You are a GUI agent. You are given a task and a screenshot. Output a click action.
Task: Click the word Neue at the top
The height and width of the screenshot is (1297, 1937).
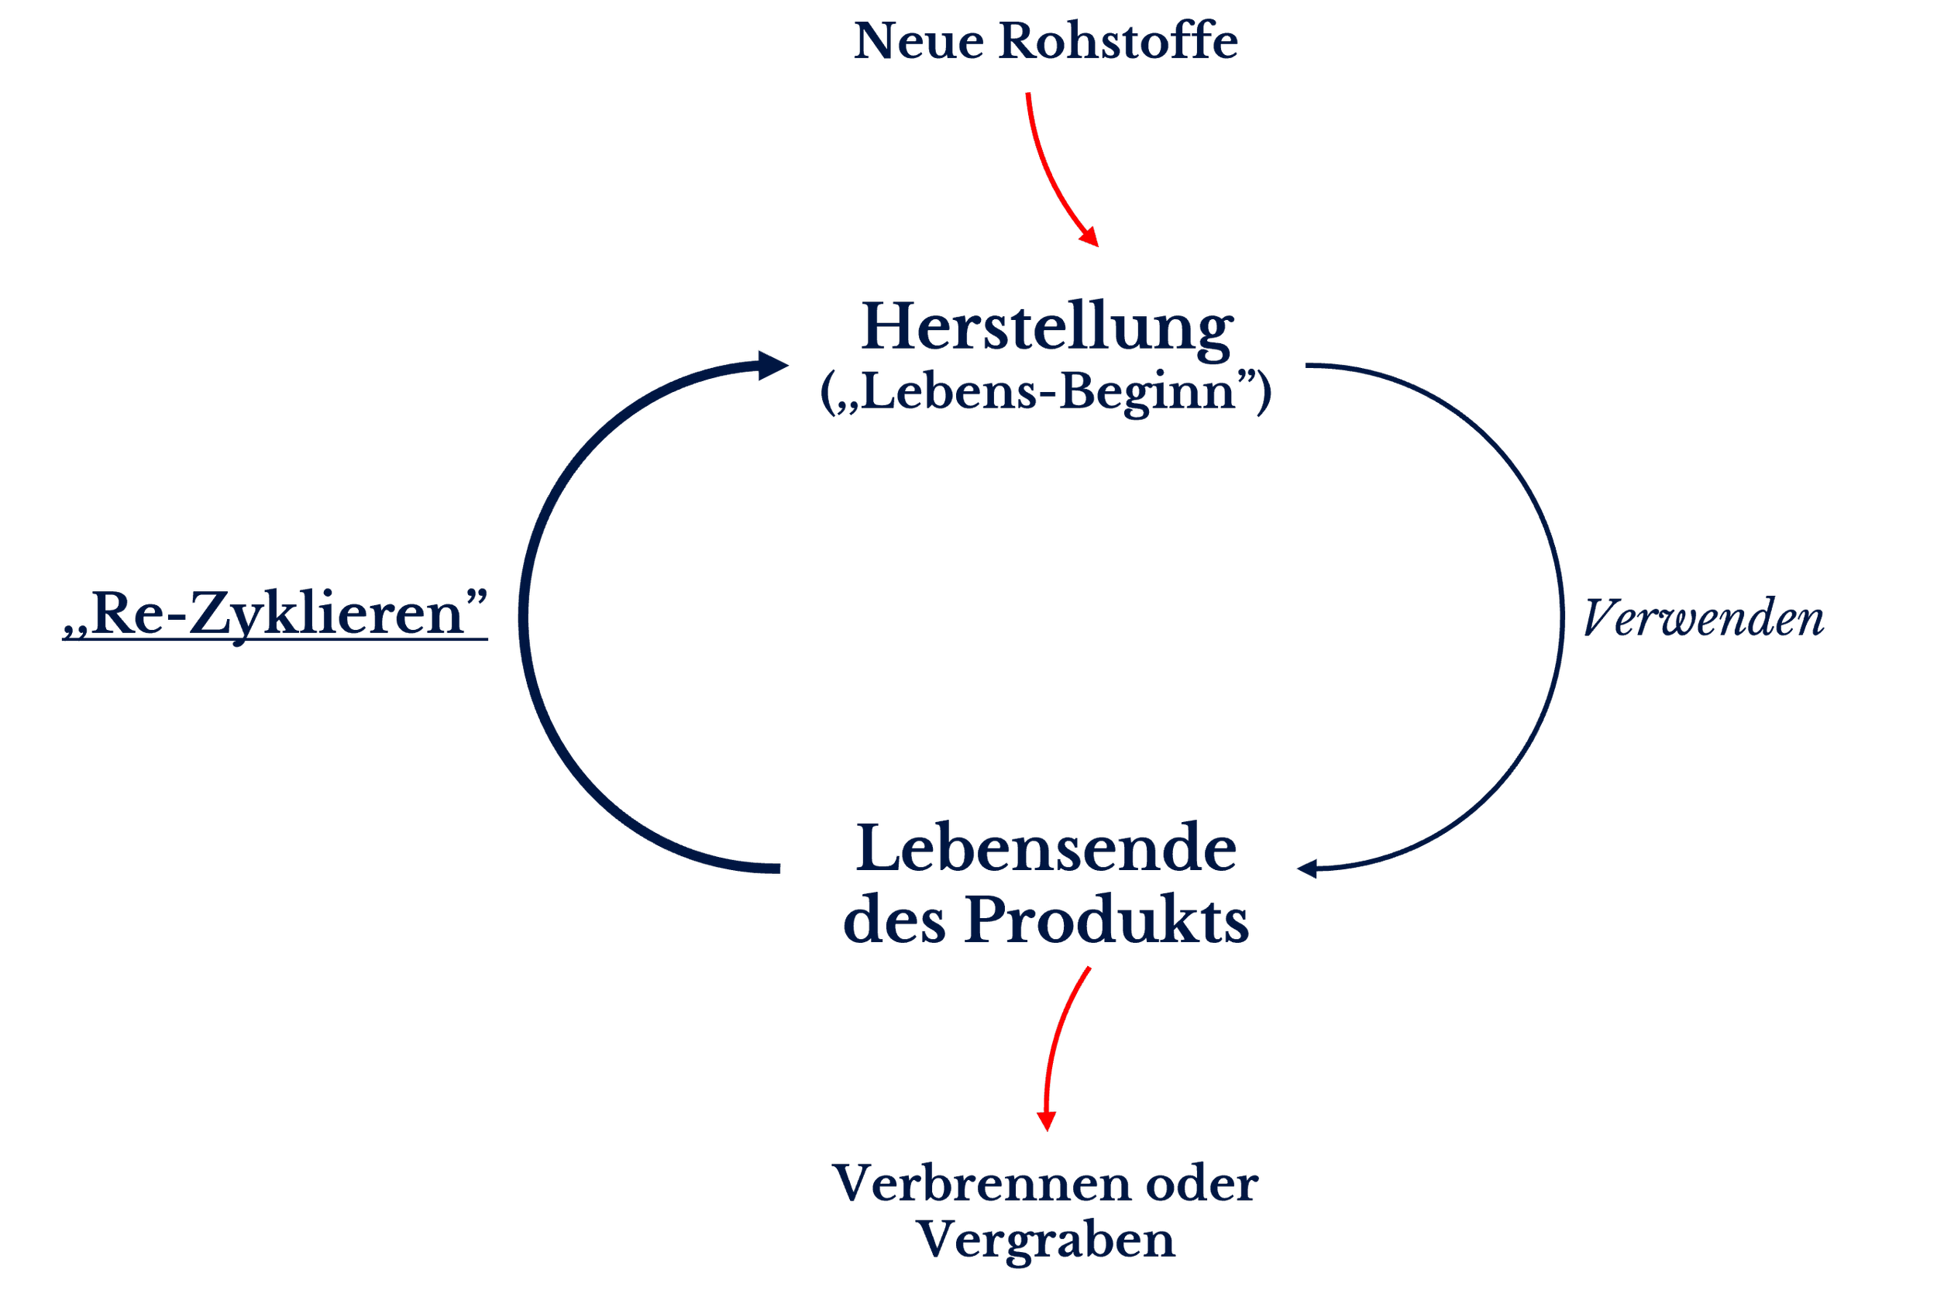coord(918,41)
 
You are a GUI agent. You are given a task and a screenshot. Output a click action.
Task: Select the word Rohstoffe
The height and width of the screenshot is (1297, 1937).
coord(1118,41)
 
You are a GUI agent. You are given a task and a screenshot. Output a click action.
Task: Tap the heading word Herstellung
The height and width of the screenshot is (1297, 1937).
coord(1047,329)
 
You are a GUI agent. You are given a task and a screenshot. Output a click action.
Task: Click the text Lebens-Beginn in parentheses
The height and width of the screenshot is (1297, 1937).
coord(1047,392)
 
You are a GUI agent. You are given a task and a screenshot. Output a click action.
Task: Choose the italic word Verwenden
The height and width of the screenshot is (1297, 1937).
coord(1703,619)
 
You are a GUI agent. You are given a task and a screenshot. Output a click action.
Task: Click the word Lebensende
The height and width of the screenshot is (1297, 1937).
coord(1046,848)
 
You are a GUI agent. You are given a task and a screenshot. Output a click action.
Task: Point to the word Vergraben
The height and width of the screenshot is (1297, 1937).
coord(1046,1239)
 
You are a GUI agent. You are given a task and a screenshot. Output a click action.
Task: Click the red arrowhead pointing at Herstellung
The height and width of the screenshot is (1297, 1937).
coord(1091,236)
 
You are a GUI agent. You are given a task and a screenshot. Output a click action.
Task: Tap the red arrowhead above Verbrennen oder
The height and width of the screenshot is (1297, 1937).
coord(1046,1122)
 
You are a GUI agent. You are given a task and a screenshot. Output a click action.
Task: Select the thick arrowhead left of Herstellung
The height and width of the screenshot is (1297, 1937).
coord(772,365)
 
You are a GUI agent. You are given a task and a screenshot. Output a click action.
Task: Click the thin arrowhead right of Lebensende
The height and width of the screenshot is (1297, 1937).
coord(1307,869)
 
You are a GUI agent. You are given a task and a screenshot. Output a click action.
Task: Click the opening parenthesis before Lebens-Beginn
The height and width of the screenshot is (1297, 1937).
coord(826,394)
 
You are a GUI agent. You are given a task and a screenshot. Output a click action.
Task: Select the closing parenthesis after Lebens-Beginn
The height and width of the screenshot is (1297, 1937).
coord(1264,394)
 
